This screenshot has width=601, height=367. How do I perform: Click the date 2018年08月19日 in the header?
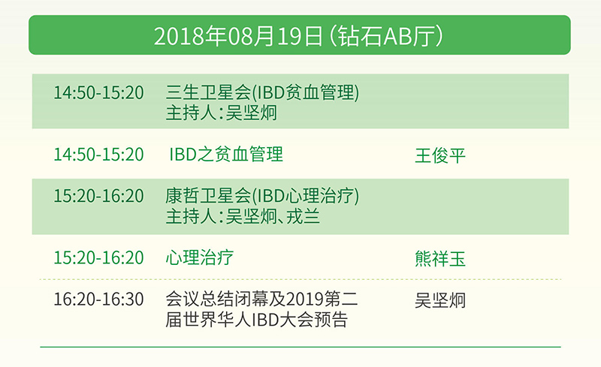[238, 36]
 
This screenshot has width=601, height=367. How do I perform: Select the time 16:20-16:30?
[98, 299]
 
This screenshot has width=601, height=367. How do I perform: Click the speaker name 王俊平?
[440, 155]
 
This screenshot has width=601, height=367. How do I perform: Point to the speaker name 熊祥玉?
[440, 259]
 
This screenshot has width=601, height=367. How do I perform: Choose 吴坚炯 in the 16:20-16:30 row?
[440, 300]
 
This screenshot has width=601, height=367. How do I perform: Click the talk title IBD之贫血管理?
[226, 155]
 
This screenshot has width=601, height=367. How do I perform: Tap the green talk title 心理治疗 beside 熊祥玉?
[199, 257]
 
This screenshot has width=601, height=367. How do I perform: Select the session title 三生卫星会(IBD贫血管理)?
[262, 92]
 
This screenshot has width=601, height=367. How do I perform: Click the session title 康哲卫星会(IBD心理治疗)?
[262, 196]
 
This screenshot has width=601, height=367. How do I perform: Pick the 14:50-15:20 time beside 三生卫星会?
[98, 93]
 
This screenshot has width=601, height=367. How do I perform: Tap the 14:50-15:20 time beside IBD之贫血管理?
[98, 155]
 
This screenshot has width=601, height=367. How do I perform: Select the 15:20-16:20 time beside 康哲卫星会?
[98, 196]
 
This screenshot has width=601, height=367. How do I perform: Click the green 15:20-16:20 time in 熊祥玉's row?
[98, 257]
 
